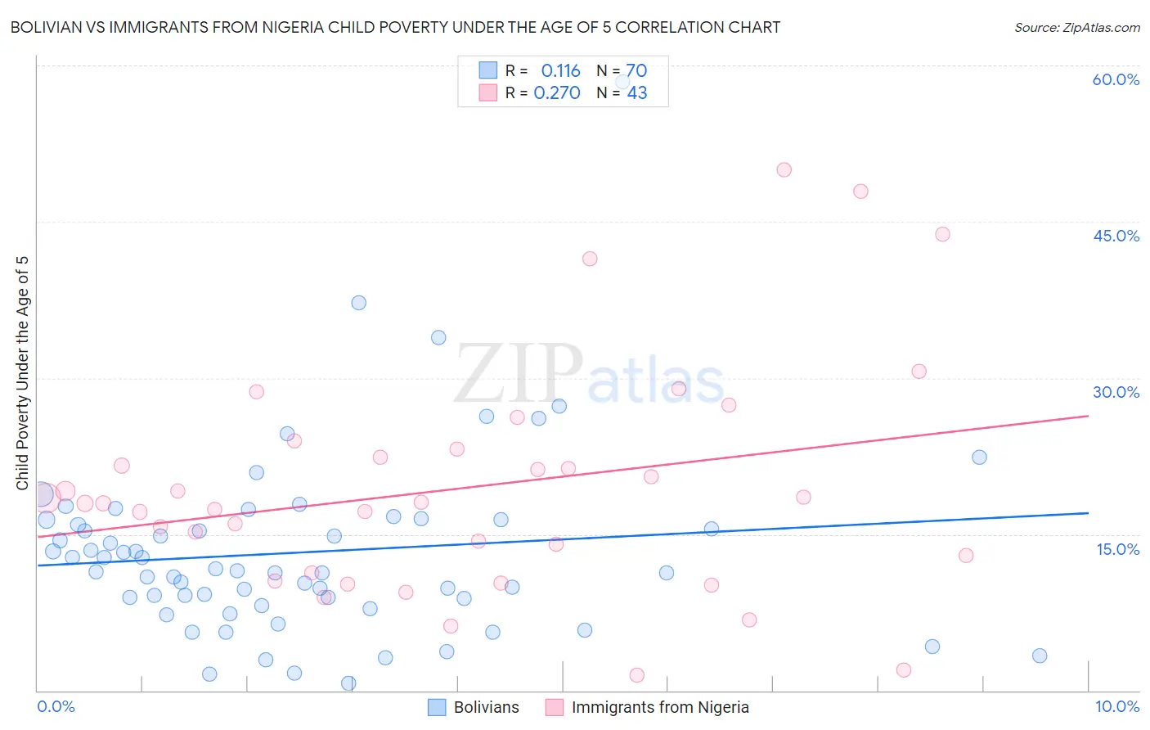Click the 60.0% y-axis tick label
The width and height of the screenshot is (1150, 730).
tap(1116, 79)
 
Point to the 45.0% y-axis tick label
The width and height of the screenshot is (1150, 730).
tap(1116, 236)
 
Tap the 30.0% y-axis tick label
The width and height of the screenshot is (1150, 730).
tap(1116, 392)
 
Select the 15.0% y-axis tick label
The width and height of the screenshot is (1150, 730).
tap(1117, 549)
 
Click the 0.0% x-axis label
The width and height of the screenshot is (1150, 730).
tap(56, 706)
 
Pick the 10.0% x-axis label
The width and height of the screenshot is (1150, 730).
tap(1116, 706)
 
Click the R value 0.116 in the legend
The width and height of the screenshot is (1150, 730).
tap(560, 70)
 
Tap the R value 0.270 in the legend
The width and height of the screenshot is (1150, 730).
tap(557, 92)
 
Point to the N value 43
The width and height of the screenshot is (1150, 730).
tap(637, 92)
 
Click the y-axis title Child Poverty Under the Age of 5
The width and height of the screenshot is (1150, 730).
tap(22, 373)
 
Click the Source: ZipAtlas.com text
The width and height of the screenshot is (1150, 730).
tap(1076, 27)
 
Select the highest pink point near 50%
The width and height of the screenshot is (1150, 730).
tap(784, 170)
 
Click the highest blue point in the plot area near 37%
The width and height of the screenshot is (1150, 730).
tap(358, 303)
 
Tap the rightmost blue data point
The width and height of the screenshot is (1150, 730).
tap(1040, 656)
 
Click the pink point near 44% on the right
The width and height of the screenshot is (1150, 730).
tap(942, 234)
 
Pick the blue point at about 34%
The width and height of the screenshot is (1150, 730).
tap(438, 337)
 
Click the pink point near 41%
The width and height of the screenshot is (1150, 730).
tap(590, 259)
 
